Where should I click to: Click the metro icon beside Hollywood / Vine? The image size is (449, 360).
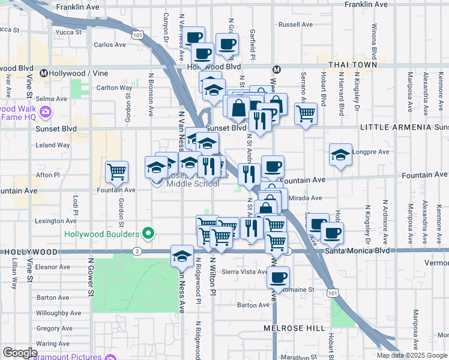tap(44, 73)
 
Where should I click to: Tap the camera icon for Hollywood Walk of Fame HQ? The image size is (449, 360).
tap(45, 112)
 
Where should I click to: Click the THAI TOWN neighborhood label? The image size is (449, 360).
tap(352, 65)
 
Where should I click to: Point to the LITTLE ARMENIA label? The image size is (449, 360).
tap(396, 128)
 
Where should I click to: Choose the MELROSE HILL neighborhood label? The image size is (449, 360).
tap(294, 328)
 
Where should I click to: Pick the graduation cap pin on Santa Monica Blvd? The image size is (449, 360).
tap(181, 256)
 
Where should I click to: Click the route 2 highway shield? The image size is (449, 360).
tap(137, 251)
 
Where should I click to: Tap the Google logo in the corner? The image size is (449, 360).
tap(20, 353)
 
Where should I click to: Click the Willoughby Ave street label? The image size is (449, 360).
tap(58, 313)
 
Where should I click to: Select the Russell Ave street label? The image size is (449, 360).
tap(296, 25)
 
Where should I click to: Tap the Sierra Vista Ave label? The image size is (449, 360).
tap(245, 271)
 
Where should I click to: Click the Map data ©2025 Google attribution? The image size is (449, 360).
tap(411, 355)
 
